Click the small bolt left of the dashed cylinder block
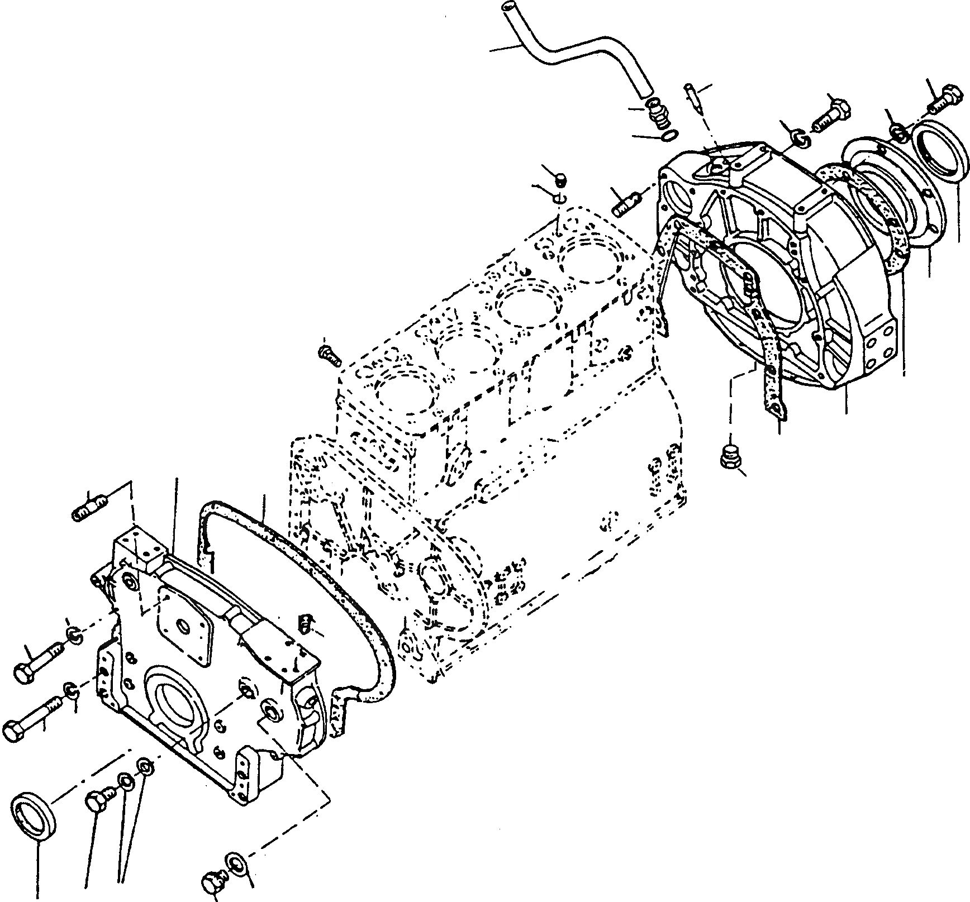329,355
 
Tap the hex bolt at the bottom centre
213,881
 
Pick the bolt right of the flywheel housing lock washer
831,114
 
